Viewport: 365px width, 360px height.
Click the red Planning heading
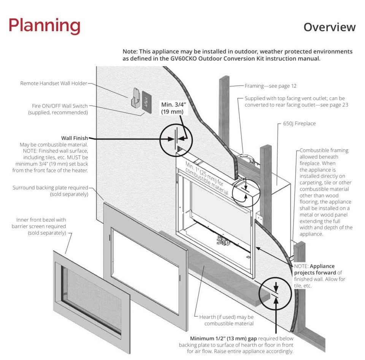pos(44,26)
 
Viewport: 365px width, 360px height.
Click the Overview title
pos(329,27)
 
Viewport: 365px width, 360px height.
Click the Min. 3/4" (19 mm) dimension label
pos(172,108)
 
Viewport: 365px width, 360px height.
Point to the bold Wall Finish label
pos(75,138)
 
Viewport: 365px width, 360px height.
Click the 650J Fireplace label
pos(299,123)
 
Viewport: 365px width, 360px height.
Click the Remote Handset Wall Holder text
pos(54,83)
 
